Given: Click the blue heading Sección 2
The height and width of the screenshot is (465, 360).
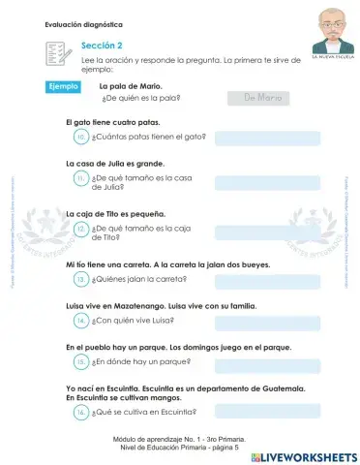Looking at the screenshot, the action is pos(102,45).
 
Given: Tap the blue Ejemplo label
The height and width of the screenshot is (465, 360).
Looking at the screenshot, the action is pos(65,87).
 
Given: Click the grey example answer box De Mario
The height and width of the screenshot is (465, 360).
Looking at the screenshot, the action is pos(257,97).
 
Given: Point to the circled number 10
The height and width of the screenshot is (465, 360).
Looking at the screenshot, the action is pos(81,138).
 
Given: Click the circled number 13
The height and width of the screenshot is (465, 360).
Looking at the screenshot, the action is pos(81,279).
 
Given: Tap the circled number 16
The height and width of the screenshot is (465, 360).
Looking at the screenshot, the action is pos(81,412).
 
